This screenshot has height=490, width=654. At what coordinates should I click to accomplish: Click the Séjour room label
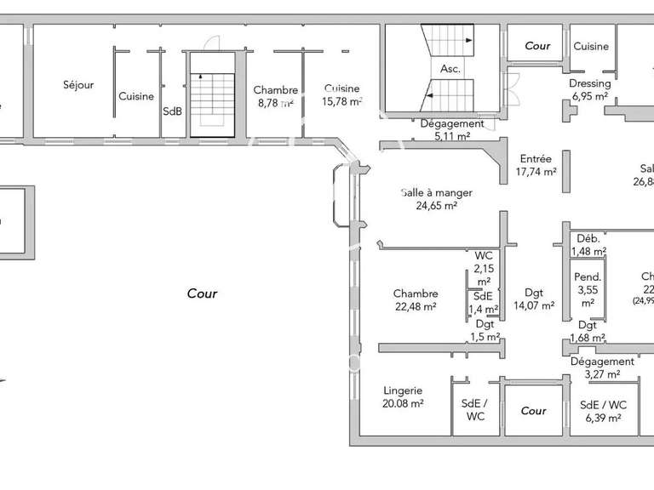(x=77, y=84)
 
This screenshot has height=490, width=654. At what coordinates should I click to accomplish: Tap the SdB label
(x=172, y=111)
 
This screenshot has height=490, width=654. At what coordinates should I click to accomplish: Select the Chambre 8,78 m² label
(x=275, y=96)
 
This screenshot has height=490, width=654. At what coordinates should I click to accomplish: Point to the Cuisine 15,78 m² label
(x=341, y=94)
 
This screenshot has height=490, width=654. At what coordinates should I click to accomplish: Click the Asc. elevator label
(x=450, y=70)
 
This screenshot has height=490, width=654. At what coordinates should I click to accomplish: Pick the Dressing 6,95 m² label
(x=589, y=90)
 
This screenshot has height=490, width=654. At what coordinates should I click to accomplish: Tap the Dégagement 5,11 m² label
(x=452, y=129)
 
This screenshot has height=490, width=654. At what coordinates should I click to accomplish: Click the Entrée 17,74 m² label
(x=536, y=165)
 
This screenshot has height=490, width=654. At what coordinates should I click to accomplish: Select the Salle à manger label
(x=437, y=198)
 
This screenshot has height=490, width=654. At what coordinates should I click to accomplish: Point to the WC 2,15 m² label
(x=484, y=268)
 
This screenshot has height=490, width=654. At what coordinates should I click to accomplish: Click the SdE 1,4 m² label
(x=484, y=302)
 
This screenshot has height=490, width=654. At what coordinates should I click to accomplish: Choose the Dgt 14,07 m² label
(x=535, y=299)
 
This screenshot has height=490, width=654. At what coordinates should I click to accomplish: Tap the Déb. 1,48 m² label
(x=588, y=245)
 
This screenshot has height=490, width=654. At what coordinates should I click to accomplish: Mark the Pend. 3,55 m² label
(x=588, y=288)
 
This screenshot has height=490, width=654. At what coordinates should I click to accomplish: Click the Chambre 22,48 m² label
(x=416, y=300)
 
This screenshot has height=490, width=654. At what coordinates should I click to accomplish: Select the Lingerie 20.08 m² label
(x=403, y=397)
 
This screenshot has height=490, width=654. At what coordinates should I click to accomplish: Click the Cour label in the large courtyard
(x=202, y=293)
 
